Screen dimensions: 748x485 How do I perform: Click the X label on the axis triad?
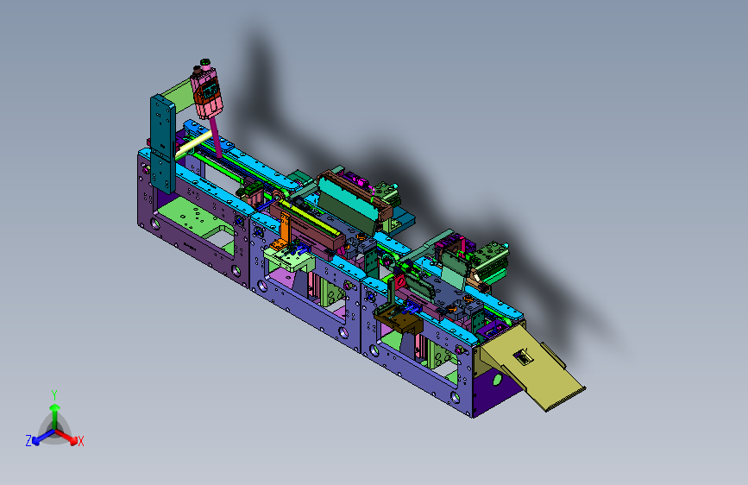80,441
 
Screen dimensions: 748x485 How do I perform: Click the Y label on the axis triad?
54,395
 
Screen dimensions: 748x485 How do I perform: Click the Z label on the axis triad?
28,441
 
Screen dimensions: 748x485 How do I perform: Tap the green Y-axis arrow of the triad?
55,416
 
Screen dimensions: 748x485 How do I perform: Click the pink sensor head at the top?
207,91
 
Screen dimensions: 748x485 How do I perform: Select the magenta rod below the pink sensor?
217,137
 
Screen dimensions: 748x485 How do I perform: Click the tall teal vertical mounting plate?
163,142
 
